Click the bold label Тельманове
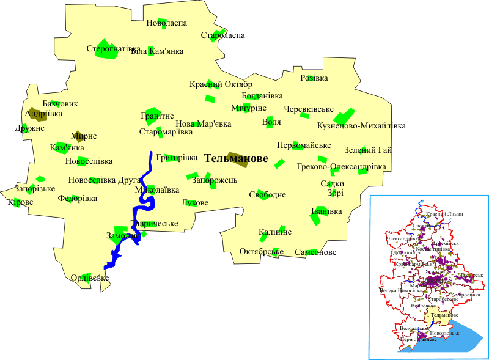pyautogui.click(x=236, y=158)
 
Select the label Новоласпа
pyautogui.click(x=166, y=23)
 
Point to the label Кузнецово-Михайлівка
pyautogui.click(x=361, y=126)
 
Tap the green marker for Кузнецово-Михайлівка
pyautogui.click(x=344, y=116)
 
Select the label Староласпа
pyautogui.click(x=222, y=35)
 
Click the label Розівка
pyautogui.click(x=314, y=78)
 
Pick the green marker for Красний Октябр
pyautogui.click(x=210, y=98)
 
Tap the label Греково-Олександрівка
pyautogui.click(x=341, y=167)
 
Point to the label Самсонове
pyautogui.click(x=315, y=252)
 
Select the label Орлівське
pyautogui.click(x=89, y=278)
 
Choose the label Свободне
pyautogui.click(x=267, y=195)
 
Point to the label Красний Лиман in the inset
pyautogui.click(x=445, y=214)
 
